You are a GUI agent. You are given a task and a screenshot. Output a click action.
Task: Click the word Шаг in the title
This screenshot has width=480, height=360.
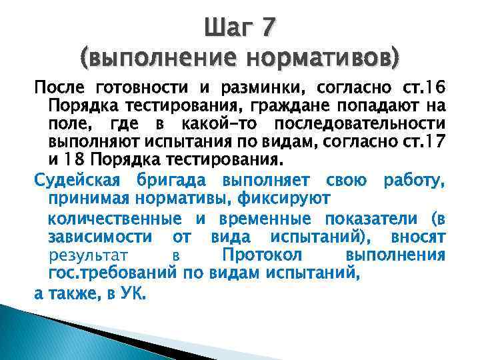pos(228,29)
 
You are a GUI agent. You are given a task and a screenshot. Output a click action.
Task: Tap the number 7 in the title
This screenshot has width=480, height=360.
pos(267,29)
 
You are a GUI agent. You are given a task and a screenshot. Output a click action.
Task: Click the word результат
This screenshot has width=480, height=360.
pos(89,255)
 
